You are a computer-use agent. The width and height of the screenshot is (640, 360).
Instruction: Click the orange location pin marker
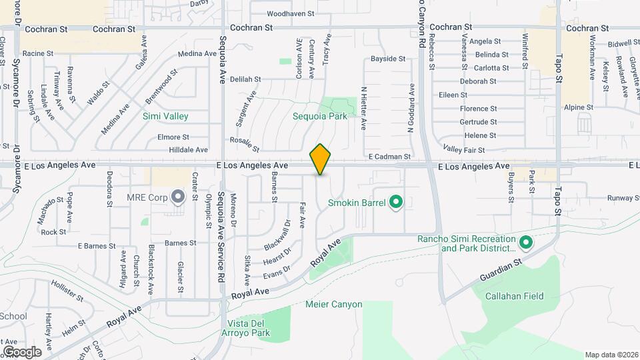point(321,159)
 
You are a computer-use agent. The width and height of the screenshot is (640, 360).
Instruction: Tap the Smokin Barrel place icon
point(395,200)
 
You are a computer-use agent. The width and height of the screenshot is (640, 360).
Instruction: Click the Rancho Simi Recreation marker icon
point(525,243)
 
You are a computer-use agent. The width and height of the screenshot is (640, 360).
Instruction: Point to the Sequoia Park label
point(320,116)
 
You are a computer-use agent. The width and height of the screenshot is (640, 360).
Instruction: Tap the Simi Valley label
point(165,116)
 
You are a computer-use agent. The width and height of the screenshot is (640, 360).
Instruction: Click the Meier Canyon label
point(333,305)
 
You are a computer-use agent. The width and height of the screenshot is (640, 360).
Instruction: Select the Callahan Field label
point(514,296)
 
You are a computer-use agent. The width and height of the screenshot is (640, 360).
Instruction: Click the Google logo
point(21,351)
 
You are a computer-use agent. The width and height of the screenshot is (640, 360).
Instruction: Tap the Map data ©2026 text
point(611,355)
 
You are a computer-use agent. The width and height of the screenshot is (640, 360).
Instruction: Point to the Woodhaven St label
point(290,13)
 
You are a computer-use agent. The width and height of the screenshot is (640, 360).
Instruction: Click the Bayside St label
point(388,59)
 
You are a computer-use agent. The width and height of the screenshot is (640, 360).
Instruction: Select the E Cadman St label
point(389,157)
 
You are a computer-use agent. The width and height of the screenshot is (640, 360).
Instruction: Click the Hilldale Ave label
point(189,150)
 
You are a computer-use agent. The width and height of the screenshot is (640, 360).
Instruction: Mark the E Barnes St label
point(97,246)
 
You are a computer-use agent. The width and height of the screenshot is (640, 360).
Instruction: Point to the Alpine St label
point(578,107)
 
